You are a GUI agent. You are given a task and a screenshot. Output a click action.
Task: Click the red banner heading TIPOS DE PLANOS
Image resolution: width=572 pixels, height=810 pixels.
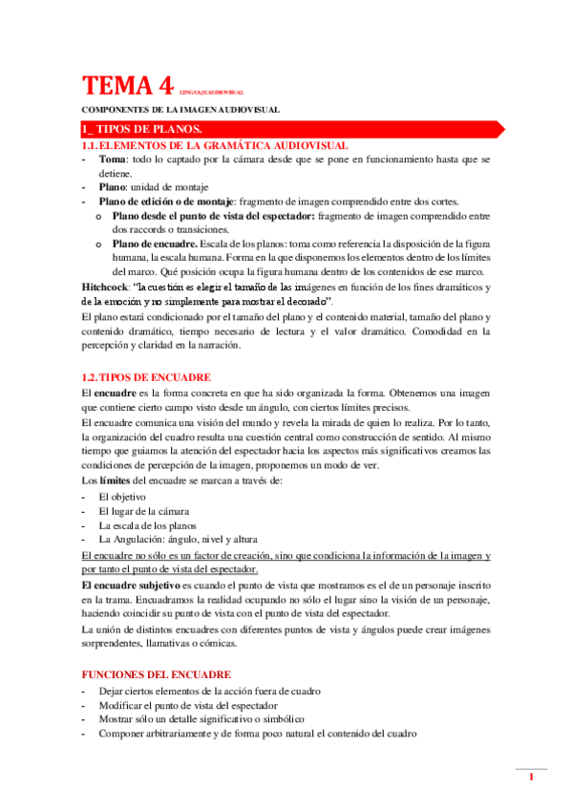pyautogui.click(x=141, y=129)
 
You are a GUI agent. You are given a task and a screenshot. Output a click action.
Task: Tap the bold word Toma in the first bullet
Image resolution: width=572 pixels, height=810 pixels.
pyautogui.click(x=113, y=160)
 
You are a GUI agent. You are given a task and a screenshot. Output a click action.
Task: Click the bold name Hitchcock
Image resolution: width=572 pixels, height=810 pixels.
pyautogui.click(x=108, y=288)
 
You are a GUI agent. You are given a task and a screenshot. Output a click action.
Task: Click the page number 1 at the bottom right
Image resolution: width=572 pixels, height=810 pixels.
pyautogui.click(x=531, y=778)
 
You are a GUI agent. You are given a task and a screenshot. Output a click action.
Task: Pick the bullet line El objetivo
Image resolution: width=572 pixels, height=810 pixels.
pyautogui.click(x=122, y=498)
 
